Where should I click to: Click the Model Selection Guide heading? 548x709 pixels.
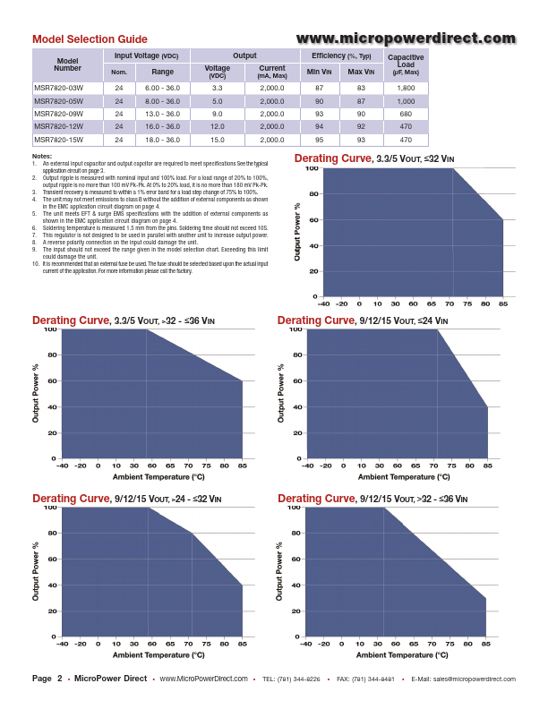pos(90,39)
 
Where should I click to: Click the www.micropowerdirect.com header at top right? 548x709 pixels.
pos(406,38)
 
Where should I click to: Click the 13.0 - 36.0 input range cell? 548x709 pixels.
pos(162,114)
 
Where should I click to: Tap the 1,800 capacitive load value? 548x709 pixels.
pos(406,88)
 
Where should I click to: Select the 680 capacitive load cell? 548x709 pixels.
pos(406,114)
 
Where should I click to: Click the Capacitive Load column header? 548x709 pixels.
pos(406,64)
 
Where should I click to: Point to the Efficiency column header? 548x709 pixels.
pos(340,56)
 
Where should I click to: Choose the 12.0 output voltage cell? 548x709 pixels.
pos(218,127)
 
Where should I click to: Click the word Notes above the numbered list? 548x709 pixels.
pos(42,157)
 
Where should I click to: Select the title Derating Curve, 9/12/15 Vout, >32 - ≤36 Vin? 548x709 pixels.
pos(372,498)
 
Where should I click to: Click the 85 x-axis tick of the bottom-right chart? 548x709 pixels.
pos(486,644)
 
